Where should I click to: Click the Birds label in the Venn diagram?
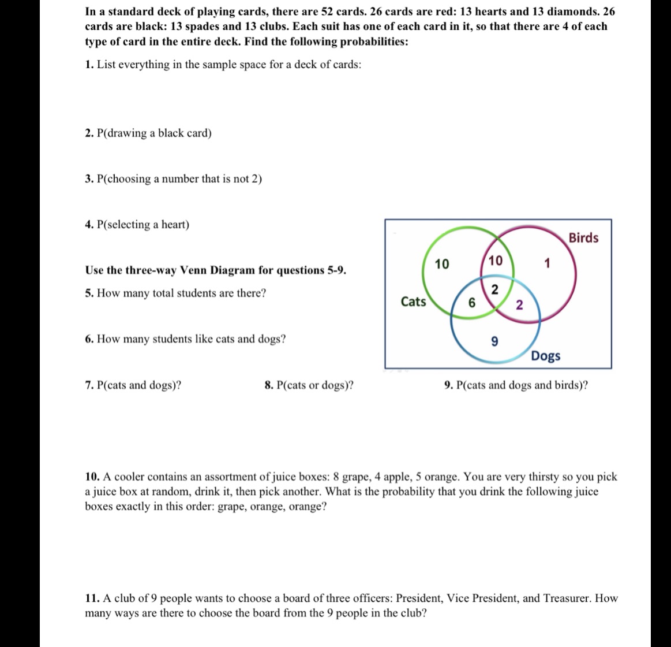tap(583, 238)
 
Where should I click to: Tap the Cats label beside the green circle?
tap(413, 301)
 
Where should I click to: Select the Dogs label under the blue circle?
tap(546, 356)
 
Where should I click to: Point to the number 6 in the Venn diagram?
tap(471, 302)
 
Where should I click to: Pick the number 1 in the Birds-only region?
tap(548, 265)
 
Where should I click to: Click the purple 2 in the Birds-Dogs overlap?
tap(519, 306)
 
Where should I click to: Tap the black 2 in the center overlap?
tap(494, 290)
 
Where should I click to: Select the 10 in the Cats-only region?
tap(441, 265)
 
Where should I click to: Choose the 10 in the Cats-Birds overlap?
tap(494, 261)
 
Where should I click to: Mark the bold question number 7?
tap(89, 385)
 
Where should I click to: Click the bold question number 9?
tap(449, 385)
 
